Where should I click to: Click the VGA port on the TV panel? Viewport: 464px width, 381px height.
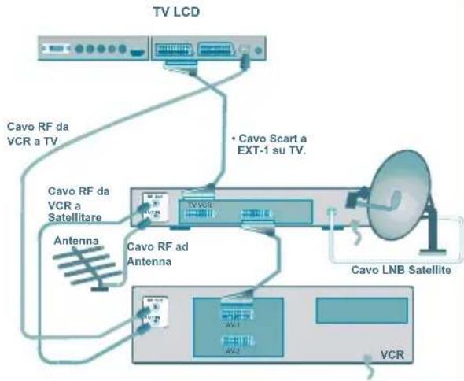click(57, 51)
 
